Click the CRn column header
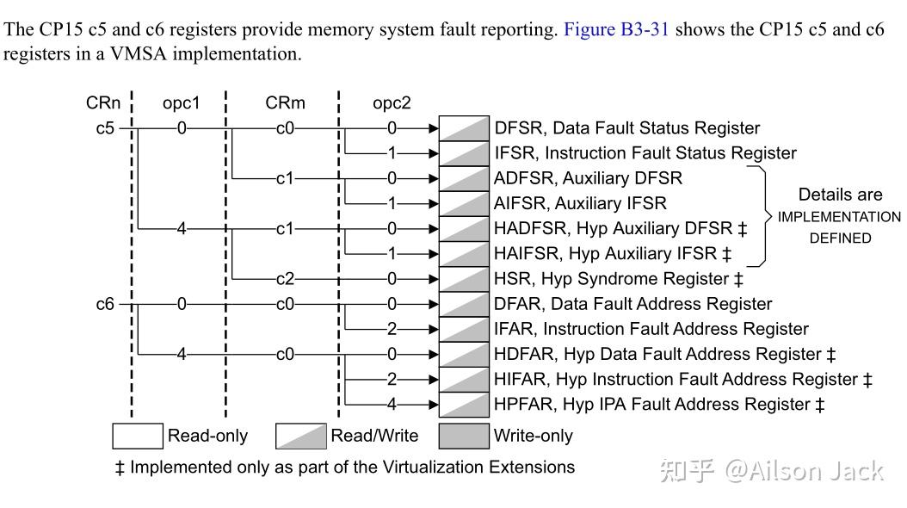[103, 103]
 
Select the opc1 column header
[181, 103]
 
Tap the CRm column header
[285, 103]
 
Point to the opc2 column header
[392, 103]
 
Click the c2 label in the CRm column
[285, 279]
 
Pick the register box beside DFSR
[464, 128]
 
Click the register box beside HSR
[464, 279]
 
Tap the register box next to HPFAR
[464, 405]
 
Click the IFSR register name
[515, 153]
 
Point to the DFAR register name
[517, 304]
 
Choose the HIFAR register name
[520, 380]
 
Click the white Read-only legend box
[138, 436]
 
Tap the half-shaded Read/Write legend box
[300, 436]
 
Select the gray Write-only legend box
[464, 436]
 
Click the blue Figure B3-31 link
[616, 30]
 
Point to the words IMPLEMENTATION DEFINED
[839, 227]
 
